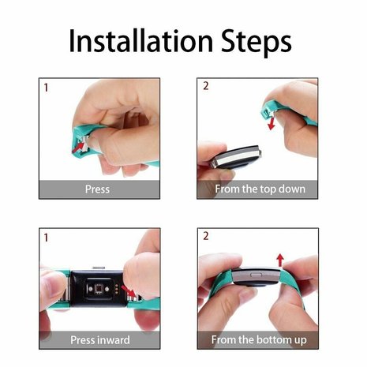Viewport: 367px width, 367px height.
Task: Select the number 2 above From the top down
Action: click(206, 85)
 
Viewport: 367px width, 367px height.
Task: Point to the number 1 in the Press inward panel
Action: click(47, 237)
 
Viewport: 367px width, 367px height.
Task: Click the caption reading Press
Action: click(97, 189)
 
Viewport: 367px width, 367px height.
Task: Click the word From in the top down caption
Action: click(230, 189)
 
